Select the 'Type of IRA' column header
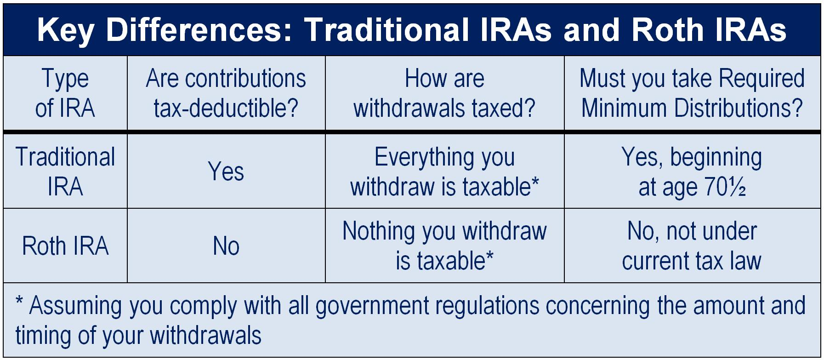tap(65, 93)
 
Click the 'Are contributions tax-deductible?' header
tap(226, 93)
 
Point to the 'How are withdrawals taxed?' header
tap(444, 93)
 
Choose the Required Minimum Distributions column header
tap(692, 93)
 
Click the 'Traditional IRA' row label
tap(65, 171)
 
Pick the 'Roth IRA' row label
tap(65, 246)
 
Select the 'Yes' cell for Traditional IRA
tap(226, 171)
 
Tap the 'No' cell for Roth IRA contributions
tap(226, 246)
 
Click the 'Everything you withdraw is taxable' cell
tap(444, 171)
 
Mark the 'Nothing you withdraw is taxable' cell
tap(444, 246)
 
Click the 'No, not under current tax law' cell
tap(692, 246)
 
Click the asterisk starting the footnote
tap(19, 302)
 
